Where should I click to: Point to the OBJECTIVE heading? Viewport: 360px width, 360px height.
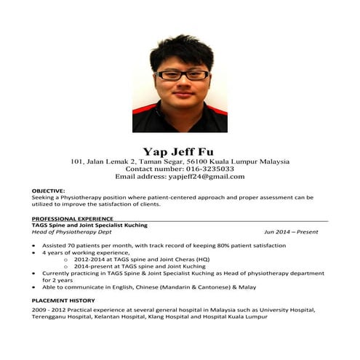pos(49,191)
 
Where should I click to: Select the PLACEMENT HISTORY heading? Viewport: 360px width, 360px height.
pos(63,300)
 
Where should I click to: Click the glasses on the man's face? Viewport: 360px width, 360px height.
pos(183,74)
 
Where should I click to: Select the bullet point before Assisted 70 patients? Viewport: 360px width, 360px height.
pos(34,246)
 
